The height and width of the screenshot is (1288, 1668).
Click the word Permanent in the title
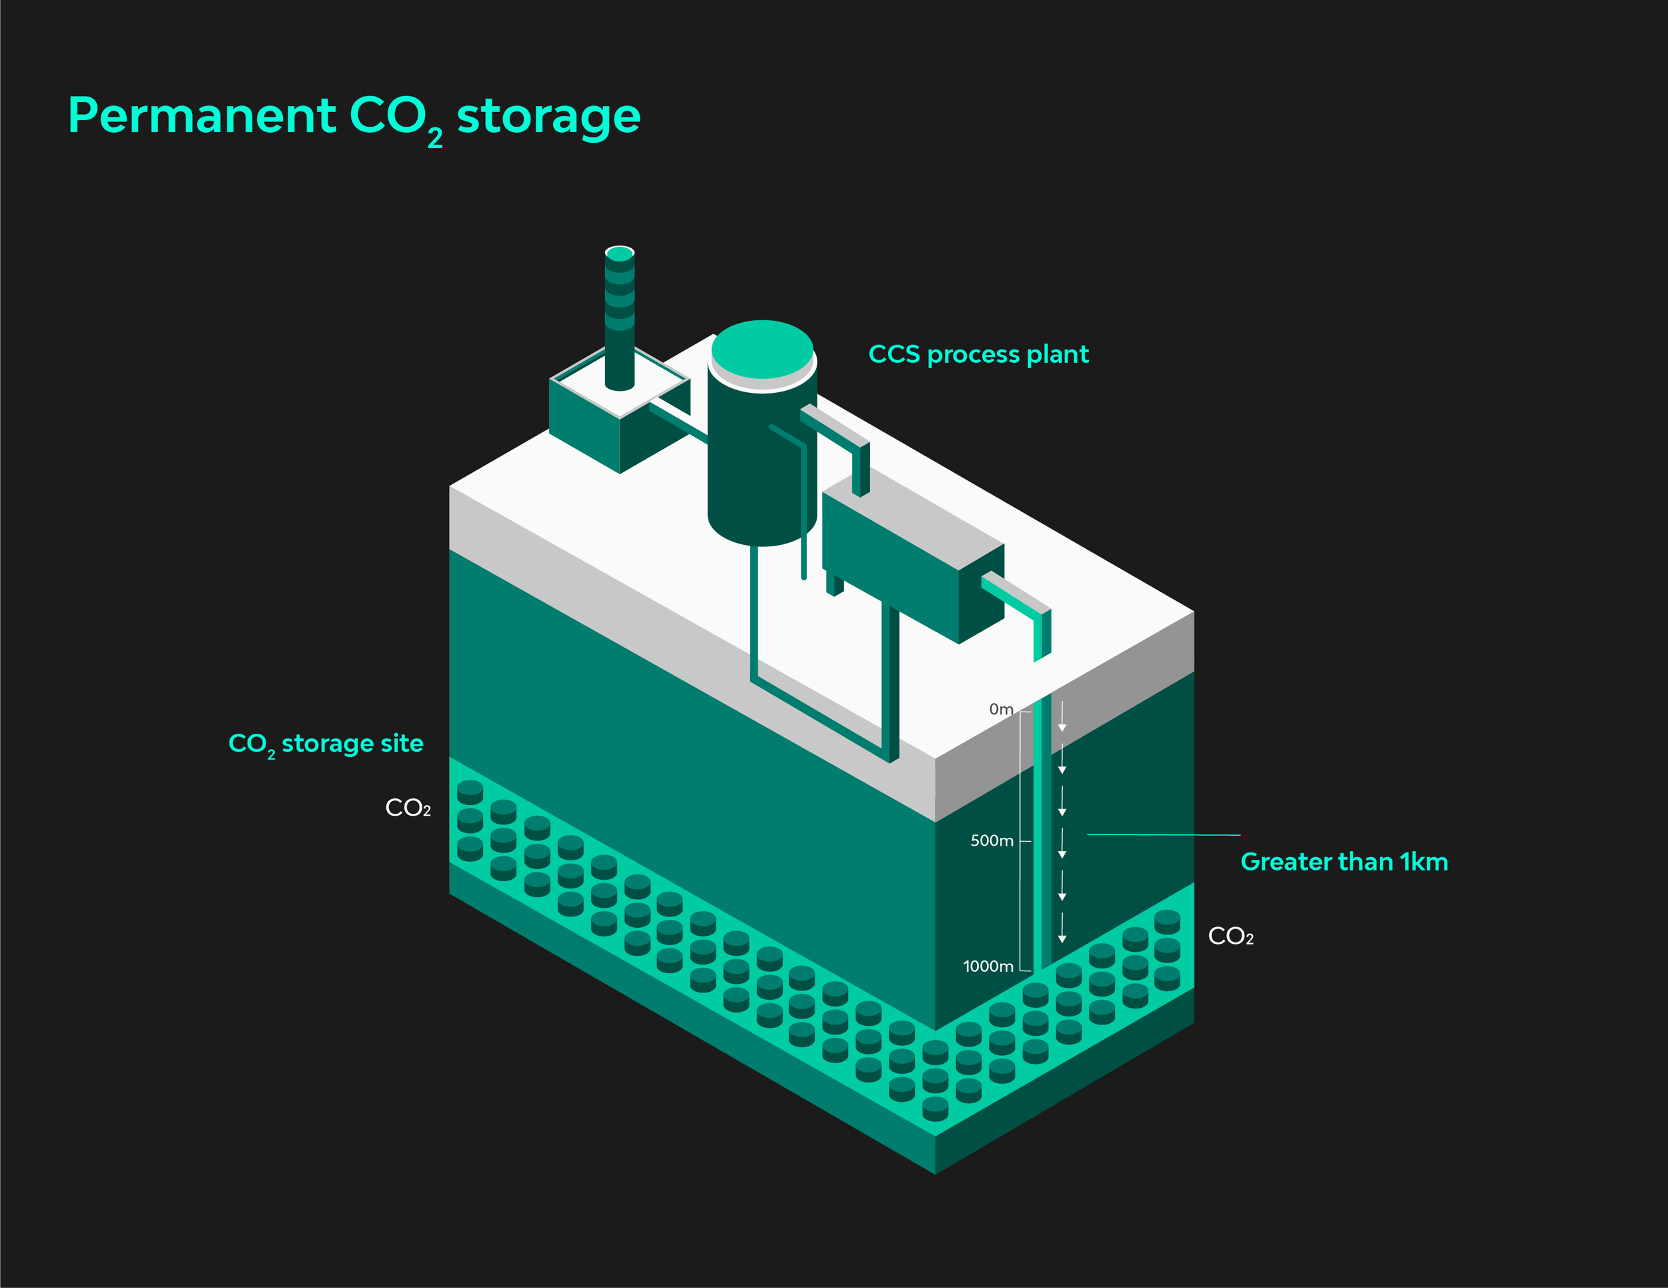coord(201,116)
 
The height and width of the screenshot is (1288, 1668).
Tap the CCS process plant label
coord(978,354)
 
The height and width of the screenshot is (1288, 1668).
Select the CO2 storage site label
coord(326,744)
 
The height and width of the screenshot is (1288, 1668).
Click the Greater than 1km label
coord(1344,862)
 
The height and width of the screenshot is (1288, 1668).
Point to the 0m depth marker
coord(1001,709)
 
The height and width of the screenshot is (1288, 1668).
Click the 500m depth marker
coord(991,840)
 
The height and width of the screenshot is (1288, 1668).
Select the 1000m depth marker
coord(987,967)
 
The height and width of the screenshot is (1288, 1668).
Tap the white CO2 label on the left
coord(408,808)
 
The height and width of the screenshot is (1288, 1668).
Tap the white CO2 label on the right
coord(1230,936)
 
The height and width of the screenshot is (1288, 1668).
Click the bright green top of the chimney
coord(619,253)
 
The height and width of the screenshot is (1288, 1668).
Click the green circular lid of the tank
coord(761,349)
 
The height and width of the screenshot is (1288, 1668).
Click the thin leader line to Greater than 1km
coord(1161,835)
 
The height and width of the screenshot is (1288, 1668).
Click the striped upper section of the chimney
coord(619,294)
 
